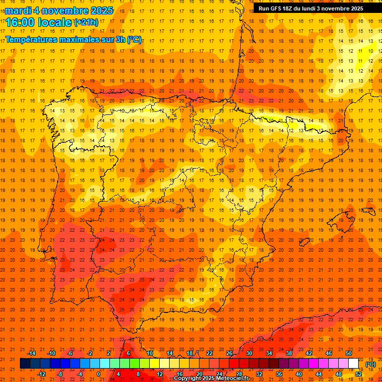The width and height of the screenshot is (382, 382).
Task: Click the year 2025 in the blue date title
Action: tap(100, 10)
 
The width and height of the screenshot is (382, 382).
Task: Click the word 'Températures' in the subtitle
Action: tap(30, 39)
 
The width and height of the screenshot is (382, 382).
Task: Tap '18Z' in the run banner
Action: tap(294, 8)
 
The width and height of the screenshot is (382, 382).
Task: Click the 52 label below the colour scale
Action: tap(359, 374)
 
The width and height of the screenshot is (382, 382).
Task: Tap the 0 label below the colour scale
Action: tap(98, 374)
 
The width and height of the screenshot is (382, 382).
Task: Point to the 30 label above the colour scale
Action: tap(249, 353)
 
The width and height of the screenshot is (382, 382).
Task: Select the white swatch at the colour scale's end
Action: tap(353, 364)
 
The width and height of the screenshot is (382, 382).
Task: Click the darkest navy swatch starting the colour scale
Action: tap(25, 364)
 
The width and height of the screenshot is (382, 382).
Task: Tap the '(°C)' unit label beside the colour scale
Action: tap(370, 365)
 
